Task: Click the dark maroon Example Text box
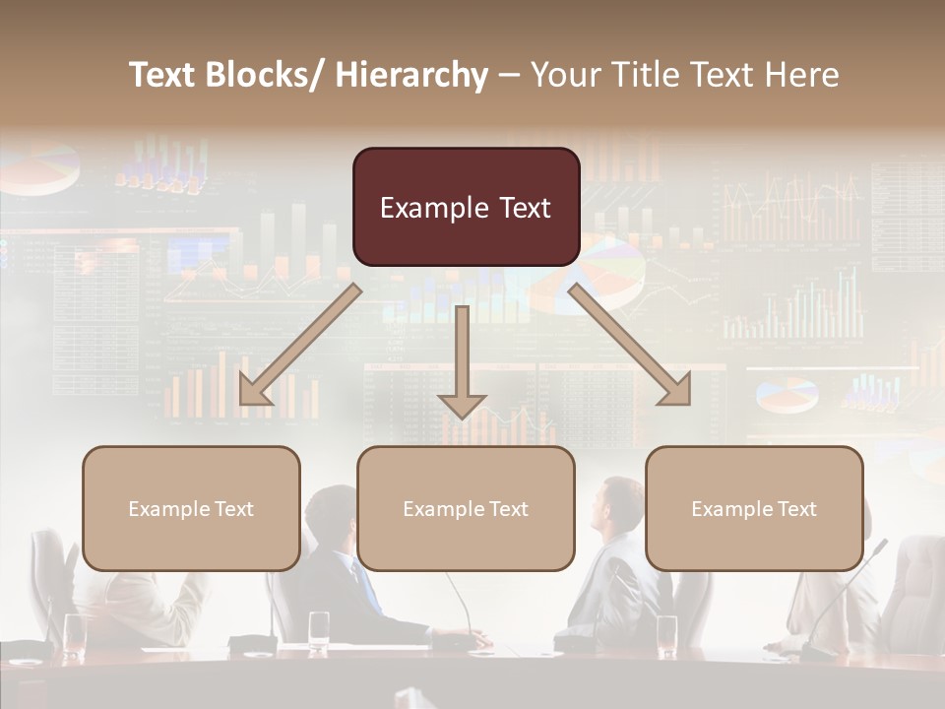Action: [x=466, y=207]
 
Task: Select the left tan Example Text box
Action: [x=191, y=508]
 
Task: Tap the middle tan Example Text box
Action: [x=466, y=508]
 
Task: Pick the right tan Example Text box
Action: [x=754, y=508]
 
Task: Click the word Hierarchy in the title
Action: [x=410, y=75]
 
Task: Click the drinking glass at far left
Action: [x=75, y=635]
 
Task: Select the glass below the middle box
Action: [x=319, y=630]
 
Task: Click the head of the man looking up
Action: [x=620, y=502]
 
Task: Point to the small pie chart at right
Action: [x=787, y=395]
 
